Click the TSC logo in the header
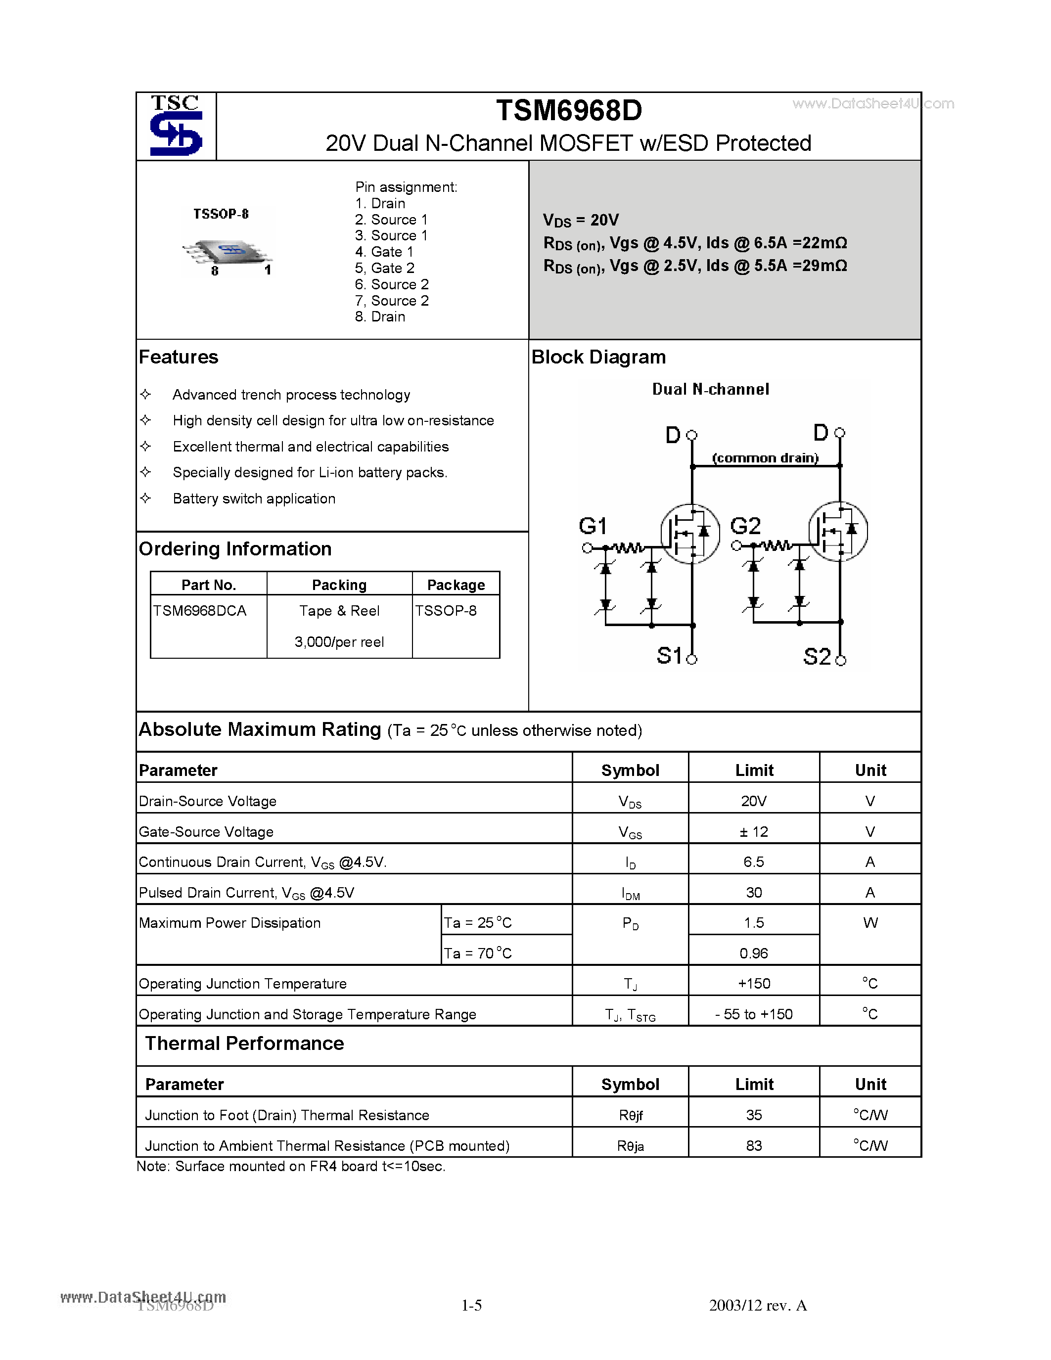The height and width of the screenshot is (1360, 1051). pos(176,125)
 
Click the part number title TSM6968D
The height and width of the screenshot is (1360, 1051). pos(568,111)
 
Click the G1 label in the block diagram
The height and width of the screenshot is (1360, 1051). pos(592,526)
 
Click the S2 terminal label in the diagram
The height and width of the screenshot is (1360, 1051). pos(817,656)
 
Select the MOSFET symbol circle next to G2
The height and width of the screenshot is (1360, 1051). pos(837,531)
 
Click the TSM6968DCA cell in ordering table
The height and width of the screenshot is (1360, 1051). pos(200,611)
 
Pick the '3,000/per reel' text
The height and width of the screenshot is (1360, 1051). pos(339,642)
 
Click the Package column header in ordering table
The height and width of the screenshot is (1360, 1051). pos(456,585)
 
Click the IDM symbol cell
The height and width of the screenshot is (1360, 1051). pos(630,894)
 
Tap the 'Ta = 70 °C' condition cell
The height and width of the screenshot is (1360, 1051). pos(478,953)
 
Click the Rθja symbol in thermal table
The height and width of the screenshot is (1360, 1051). pos(630,1146)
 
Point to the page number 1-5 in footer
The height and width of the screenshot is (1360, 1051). pos(471,1305)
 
